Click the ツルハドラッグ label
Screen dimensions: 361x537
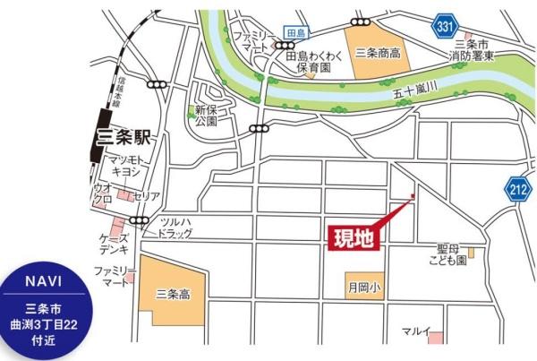click(175, 228)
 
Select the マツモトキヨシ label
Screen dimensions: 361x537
click(126, 166)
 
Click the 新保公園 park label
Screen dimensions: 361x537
click(207, 116)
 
